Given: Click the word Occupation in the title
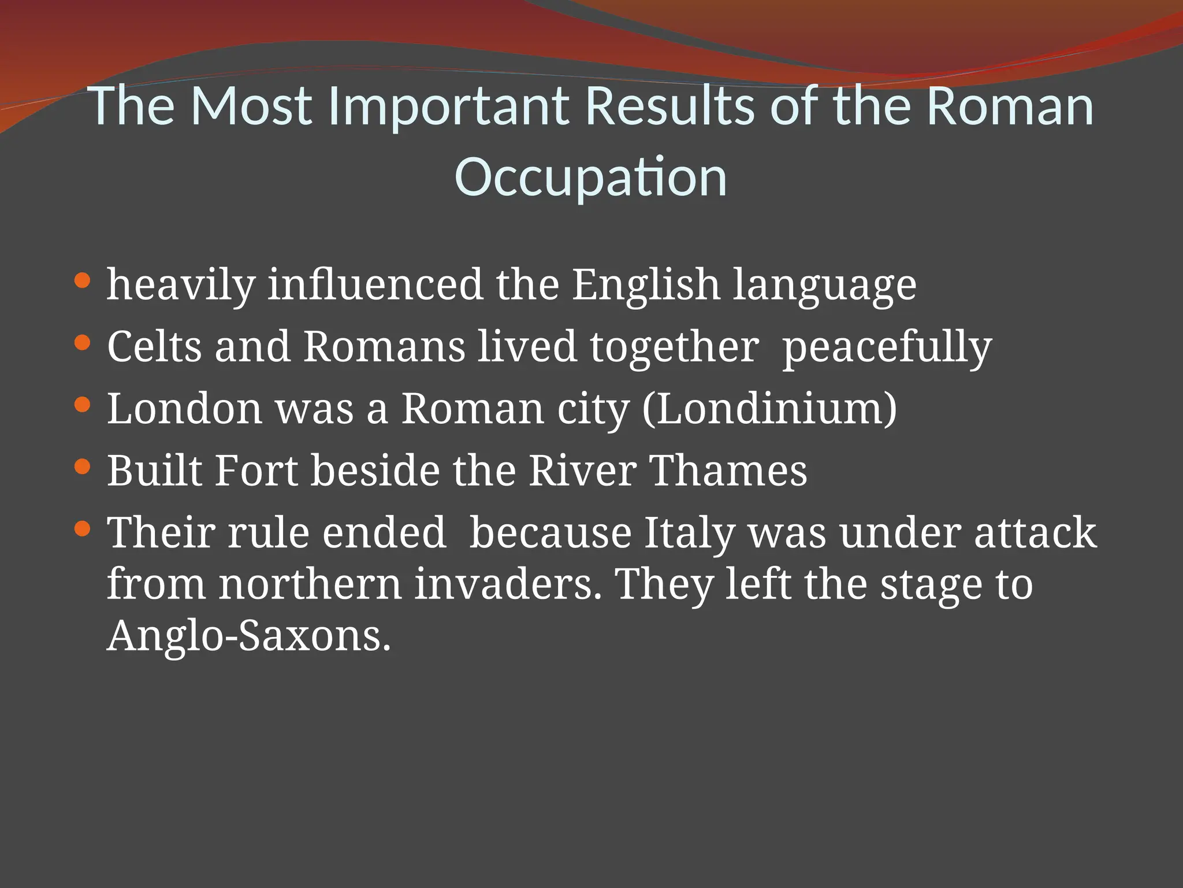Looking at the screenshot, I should [590, 177].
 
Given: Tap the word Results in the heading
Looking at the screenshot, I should [670, 106].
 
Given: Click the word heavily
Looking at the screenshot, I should [181, 285].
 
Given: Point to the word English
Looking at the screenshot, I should [646, 285].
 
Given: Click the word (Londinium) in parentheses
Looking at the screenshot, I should [769, 409].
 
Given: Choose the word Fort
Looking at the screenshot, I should [256, 471].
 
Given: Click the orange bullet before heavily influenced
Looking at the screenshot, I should [83, 281].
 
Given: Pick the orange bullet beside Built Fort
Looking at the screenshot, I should [83, 467].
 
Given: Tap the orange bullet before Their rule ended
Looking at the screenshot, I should [83, 528].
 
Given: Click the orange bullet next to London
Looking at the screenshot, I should [83, 405].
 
